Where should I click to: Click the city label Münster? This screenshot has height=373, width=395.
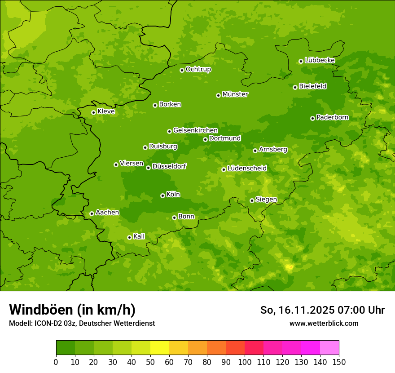(x=235, y=94)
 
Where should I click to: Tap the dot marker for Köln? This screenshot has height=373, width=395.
(x=162, y=195)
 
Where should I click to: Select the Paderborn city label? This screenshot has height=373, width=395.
(x=332, y=117)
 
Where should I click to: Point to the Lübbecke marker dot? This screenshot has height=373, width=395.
(x=301, y=61)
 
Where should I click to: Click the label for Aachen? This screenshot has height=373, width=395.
(x=107, y=213)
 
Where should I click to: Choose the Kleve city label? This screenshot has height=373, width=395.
(x=106, y=111)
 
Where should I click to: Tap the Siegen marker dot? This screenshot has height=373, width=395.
(x=252, y=200)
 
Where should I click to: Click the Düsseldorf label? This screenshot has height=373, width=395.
(x=169, y=166)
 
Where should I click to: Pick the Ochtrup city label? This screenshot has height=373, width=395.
(x=198, y=69)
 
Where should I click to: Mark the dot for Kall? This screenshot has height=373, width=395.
(x=129, y=237)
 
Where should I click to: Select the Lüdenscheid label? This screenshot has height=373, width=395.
(x=247, y=169)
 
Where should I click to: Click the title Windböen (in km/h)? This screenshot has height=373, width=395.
(x=72, y=310)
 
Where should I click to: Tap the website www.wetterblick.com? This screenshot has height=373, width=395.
(x=324, y=323)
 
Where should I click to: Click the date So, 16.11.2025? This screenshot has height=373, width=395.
(x=297, y=310)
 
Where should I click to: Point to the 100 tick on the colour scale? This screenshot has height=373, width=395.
(x=245, y=362)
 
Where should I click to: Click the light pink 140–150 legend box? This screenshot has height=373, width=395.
(x=329, y=348)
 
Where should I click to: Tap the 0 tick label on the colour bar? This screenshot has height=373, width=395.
(x=56, y=362)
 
